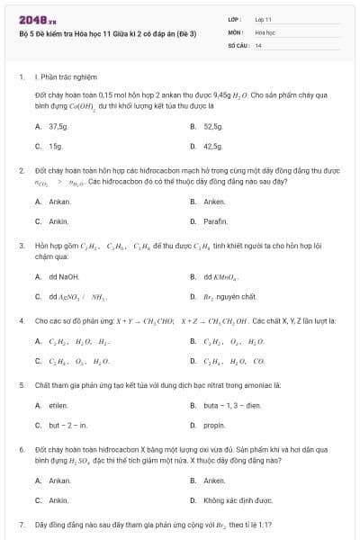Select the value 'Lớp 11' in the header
click(263, 18)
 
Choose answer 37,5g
click(58, 127)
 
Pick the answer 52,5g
click(212, 127)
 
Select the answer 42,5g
click(212, 146)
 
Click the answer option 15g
click(55, 146)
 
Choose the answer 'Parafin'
click(215, 220)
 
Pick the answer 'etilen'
click(58, 407)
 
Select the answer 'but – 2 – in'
click(67, 425)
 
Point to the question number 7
click(21, 524)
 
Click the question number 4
click(21, 319)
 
